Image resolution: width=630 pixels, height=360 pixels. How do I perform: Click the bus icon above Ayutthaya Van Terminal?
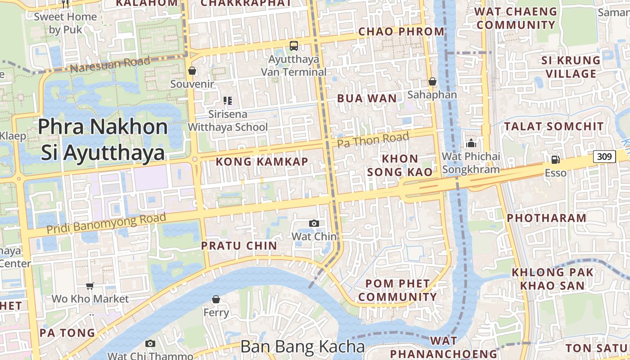(294, 45)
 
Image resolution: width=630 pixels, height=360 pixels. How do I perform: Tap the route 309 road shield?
(604, 157)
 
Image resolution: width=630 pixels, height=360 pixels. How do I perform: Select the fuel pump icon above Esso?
(556, 159)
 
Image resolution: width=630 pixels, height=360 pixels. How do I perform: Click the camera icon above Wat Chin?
(314, 223)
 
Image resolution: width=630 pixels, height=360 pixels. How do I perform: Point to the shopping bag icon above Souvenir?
(192, 71)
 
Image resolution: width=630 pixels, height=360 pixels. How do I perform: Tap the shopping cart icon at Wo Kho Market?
(90, 286)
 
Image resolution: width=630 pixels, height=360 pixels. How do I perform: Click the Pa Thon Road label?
(373, 140)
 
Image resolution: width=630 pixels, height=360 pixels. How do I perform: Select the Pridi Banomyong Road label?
(107, 223)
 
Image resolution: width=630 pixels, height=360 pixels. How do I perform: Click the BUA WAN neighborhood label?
(367, 99)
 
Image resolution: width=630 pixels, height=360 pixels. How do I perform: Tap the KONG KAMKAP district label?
(262, 162)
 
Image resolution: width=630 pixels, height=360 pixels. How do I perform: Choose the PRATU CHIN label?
(239, 246)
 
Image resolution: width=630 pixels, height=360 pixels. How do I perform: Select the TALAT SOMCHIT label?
(554, 126)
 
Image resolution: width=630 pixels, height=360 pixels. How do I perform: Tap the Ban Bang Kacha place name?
(302, 346)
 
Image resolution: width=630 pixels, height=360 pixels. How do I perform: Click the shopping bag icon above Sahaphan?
(432, 81)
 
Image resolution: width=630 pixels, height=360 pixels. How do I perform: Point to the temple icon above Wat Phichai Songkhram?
(471, 144)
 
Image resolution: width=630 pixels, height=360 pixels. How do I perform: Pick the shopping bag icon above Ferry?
(216, 299)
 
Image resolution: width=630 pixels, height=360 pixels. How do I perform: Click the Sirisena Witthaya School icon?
(228, 101)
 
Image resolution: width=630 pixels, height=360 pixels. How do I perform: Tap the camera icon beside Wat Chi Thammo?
(150, 344)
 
